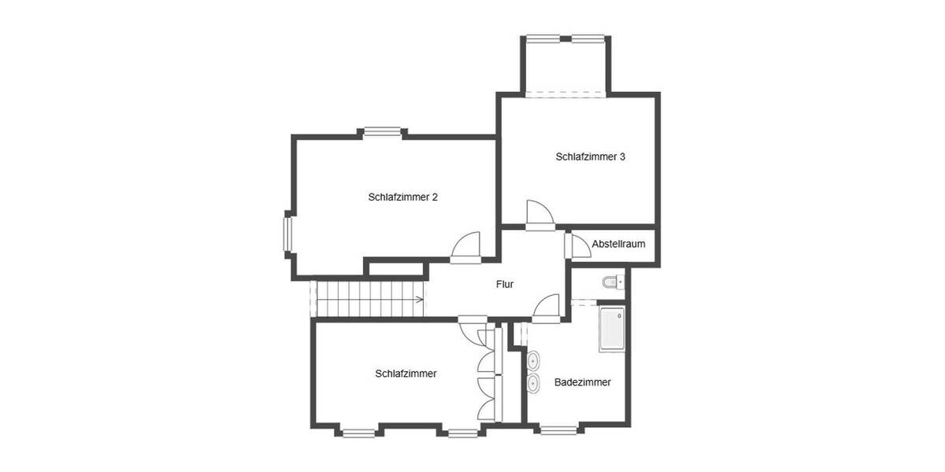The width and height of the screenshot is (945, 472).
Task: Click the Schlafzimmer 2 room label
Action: [402, 197]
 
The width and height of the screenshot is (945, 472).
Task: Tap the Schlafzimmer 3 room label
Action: [590, 157]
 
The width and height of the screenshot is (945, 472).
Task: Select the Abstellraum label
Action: [618, 244]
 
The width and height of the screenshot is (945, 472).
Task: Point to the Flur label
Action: [505, 284]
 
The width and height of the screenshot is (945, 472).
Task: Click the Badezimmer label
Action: [582, 382]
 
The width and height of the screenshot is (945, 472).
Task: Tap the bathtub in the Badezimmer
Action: [612, 330]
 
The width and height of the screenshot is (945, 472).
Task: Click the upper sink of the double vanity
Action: [534, 361]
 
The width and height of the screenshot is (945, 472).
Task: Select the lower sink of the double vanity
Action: [534, 384]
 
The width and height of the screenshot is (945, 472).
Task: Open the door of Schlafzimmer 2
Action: [466, 245]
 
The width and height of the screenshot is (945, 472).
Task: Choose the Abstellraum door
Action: [577, 245]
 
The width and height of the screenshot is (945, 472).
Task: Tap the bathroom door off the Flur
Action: [547, 308]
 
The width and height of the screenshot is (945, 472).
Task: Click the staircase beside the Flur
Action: [368, 299]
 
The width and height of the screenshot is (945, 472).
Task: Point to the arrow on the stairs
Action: [417, 299]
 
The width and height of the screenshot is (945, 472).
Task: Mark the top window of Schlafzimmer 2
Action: [383, 132]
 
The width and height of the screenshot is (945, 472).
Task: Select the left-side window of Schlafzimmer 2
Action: [288, 233]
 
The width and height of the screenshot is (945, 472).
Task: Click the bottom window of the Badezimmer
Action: [558, 430]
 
